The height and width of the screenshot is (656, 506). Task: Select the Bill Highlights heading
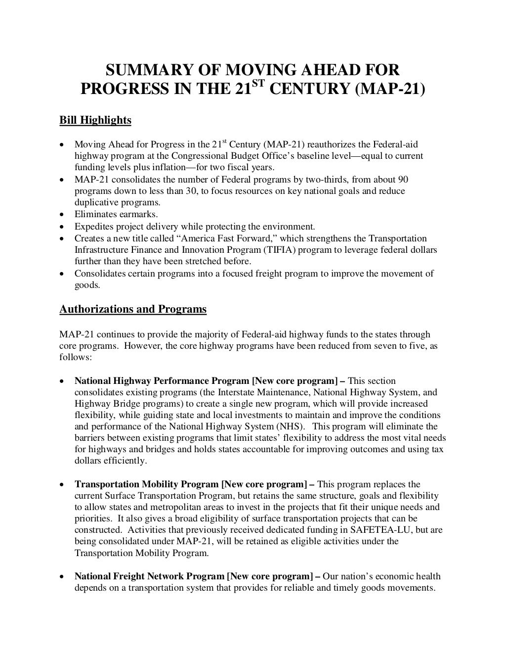tap(95, 120)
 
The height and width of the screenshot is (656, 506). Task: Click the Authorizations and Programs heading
tap(133, 309)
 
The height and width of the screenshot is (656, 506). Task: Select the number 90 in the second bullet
tap(403, 179)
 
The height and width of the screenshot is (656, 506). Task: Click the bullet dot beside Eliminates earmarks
tap(62, 215)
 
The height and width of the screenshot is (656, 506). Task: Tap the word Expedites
tap(92, 227)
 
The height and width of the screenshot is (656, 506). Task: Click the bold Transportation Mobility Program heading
tap(146, 484)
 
